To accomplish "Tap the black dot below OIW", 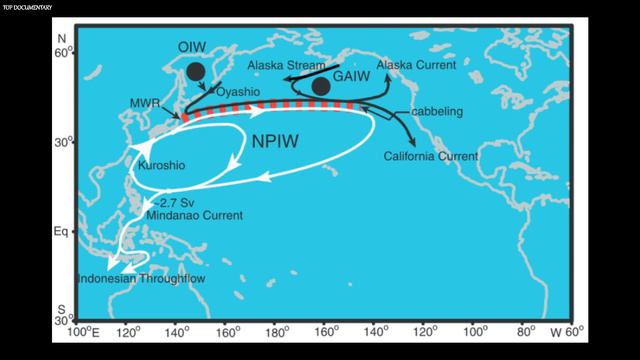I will coord(196,71).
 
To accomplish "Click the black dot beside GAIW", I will coord(321,87).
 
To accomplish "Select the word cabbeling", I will coord(437,111).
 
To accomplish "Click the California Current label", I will coord(430,157).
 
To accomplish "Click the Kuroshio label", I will coord(159,163).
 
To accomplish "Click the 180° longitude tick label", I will coord(277,331).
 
